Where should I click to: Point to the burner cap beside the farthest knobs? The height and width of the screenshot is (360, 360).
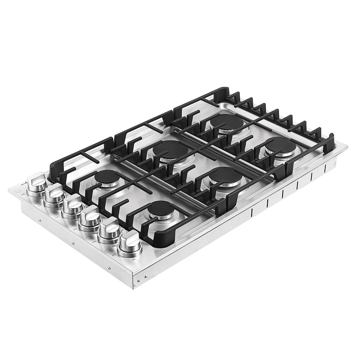[x=107, y=178]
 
